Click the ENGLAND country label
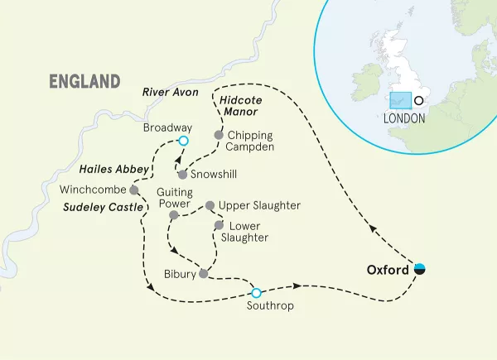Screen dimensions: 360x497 click(x=85, y=81)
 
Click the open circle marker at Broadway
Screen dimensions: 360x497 click(x=184, y=142)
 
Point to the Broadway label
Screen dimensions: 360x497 click(x=167, y=127)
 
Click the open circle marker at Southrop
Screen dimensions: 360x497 click(x=256, y=292)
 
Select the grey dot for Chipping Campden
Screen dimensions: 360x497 click(x=219, y=135)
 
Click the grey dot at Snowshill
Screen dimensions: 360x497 click(x=182, y=175)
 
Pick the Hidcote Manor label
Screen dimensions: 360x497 click(x=242, y=105)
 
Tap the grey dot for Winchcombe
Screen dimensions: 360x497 click(x=133, y=189)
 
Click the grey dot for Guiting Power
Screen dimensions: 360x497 click(x=173, y=215)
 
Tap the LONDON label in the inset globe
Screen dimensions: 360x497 click(x=404, y=118)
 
